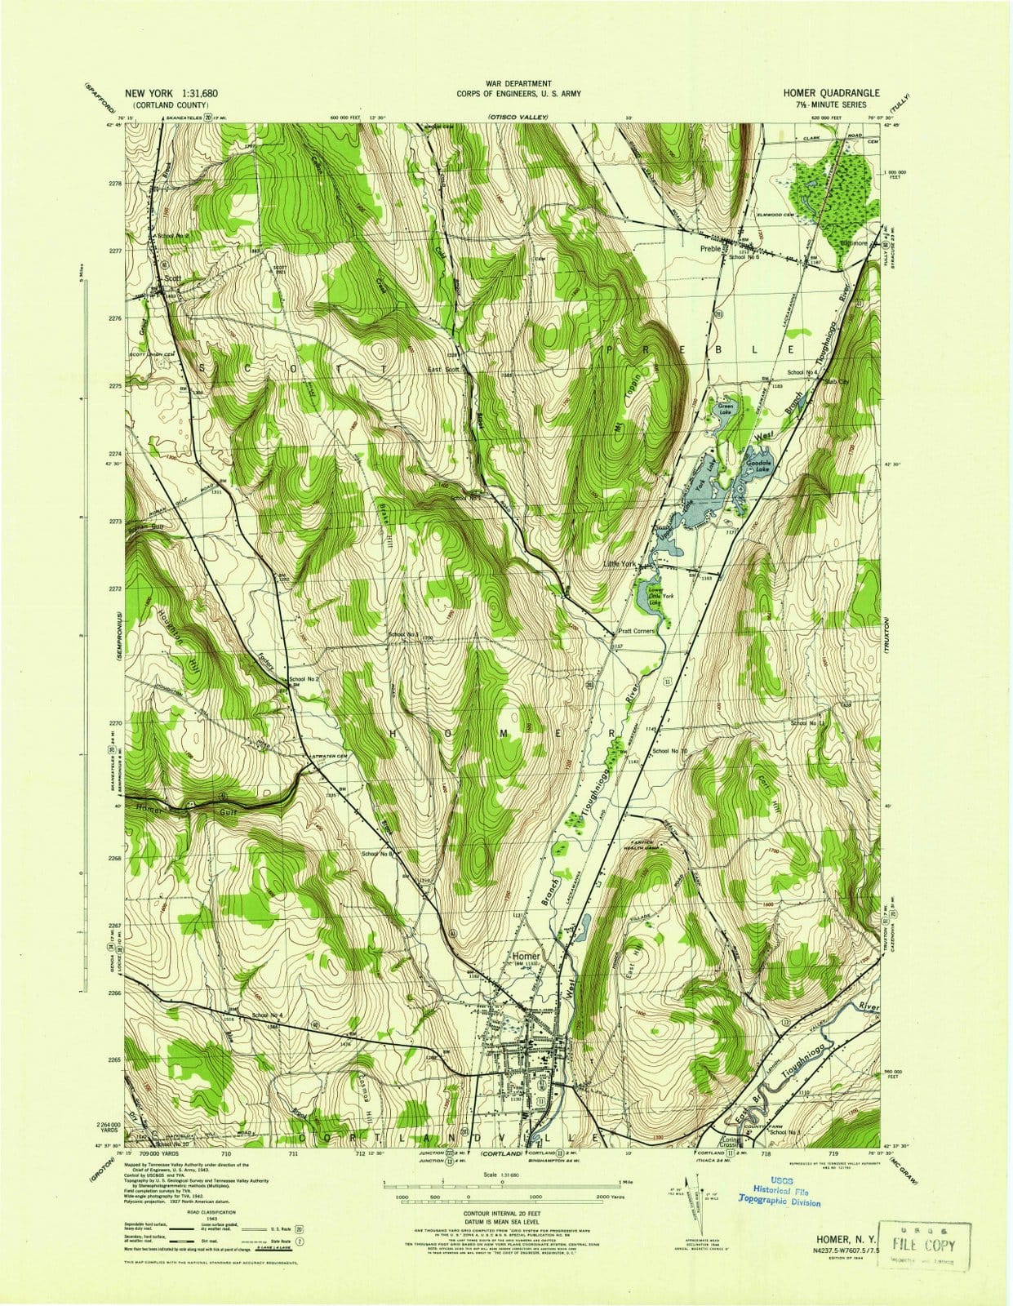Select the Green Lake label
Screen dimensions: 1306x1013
(725, 409)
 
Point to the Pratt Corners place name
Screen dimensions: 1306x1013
(635, 631)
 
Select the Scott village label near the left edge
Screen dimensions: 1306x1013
(172, 278)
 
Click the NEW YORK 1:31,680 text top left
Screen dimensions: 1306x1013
(171, 94)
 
